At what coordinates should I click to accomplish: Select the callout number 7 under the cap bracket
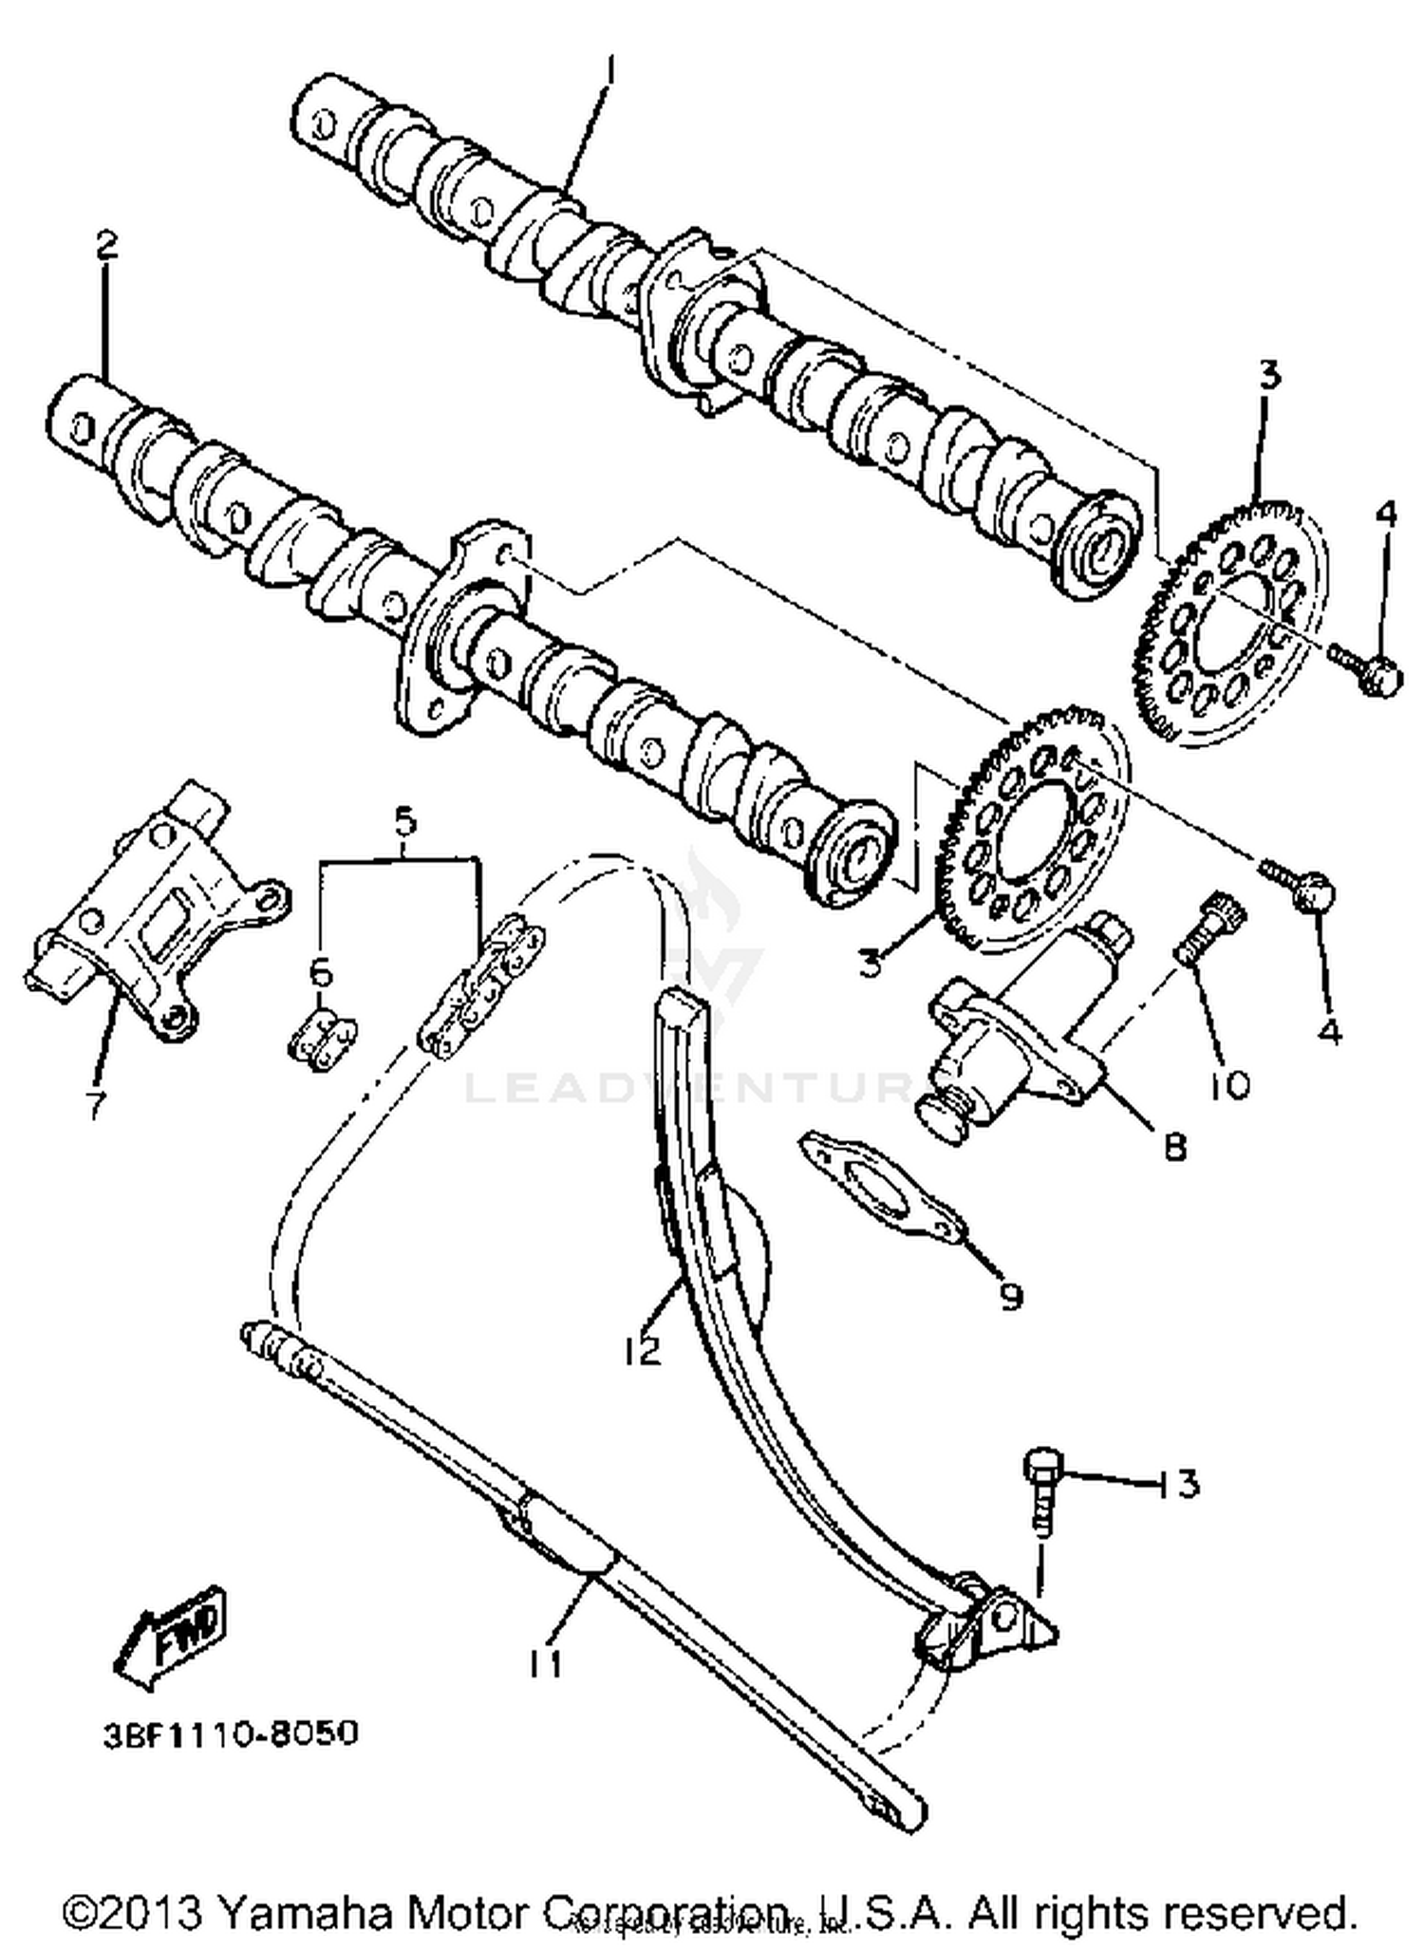click(94, 1104)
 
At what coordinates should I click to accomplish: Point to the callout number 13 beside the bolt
click(1178, 1483)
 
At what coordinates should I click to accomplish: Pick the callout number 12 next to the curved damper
click(643, 1349)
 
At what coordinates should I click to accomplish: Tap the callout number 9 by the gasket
click(1011, 1295)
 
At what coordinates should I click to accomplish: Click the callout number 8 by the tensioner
click(1175, 1148)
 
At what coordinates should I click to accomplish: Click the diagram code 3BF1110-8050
click(231, 1733)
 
